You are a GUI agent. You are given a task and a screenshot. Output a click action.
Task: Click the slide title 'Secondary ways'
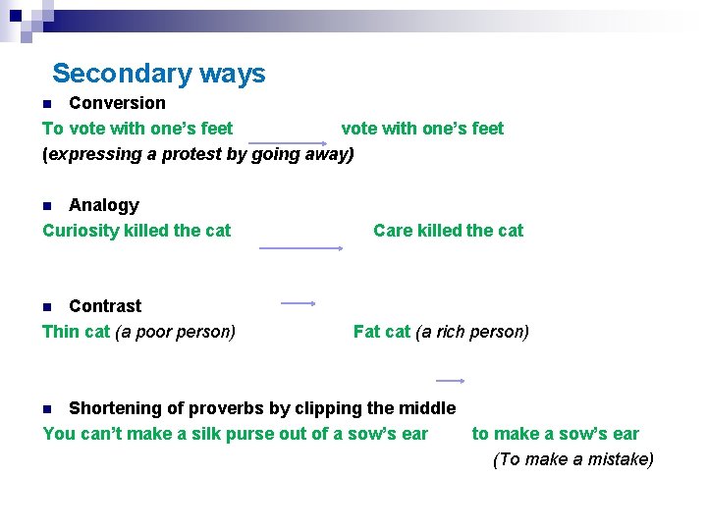tap(158, 74)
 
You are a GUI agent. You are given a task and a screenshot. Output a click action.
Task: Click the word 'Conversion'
tap(117, 103)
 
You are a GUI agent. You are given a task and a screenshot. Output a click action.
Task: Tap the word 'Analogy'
tap(103, 205)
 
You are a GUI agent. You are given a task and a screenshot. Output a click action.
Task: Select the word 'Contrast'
tap(105, 306)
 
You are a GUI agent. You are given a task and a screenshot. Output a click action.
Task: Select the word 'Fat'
tap(367, 332)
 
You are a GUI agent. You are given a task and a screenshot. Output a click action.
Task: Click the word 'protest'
tap(190, 154)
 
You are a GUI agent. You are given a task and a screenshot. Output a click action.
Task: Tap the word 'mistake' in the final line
tap(616, 459)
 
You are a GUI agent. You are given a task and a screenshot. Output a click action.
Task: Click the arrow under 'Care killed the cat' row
tap(300, 248)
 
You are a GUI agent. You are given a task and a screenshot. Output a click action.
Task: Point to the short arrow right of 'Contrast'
tap(298, 304)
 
